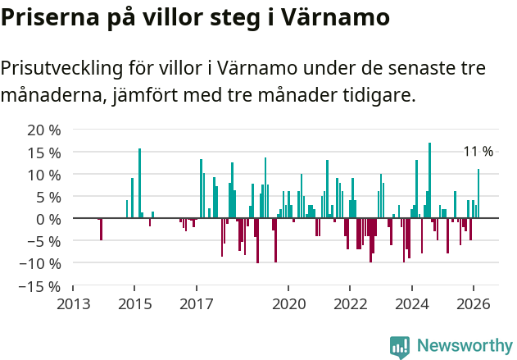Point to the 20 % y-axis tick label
point(44,130)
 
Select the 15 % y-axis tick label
point(44,153)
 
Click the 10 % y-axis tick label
point(44,175)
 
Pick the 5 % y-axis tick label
point(48,197)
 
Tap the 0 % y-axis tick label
point(48,219)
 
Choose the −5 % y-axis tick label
point(44,241)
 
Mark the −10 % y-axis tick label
point(40,264)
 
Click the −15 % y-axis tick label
point(40,286)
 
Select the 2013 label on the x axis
point(73,304)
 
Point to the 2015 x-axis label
point(135,304)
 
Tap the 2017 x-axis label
point(197,304)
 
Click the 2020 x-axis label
point(288,304)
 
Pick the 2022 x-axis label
point(350,304)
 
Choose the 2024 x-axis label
point(411,304)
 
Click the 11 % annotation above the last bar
point(478,152)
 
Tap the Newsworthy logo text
point(465,346)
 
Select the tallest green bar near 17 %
point(429,180)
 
